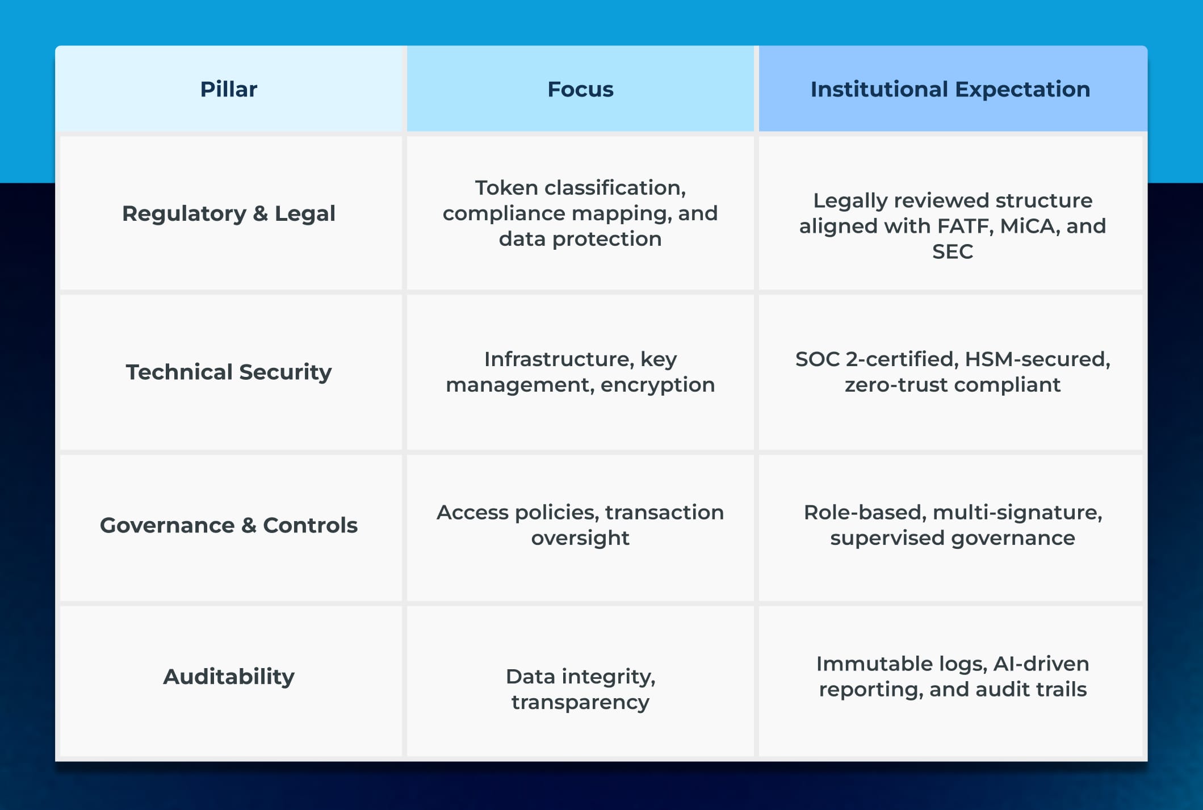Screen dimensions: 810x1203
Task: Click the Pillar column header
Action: pos(228,90)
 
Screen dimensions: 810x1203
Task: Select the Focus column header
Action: pos(580,90)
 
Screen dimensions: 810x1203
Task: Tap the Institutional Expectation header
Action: pos(950,90)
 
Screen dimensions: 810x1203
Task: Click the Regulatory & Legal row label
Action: pos(228,214)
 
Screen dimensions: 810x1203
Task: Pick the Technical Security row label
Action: pos(228,372)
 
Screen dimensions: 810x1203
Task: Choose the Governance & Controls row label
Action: pos(228,526)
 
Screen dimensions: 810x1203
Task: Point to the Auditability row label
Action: pos(228,677)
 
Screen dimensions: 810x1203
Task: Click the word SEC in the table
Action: pos(952,251)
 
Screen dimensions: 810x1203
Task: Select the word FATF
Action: pos(965,226)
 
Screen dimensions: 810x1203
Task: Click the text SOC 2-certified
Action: pos(876,359)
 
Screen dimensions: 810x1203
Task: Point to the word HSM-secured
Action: pos(1037,359)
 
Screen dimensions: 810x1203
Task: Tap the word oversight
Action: pos(580,538)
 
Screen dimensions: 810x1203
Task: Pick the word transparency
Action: pos(580,703)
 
